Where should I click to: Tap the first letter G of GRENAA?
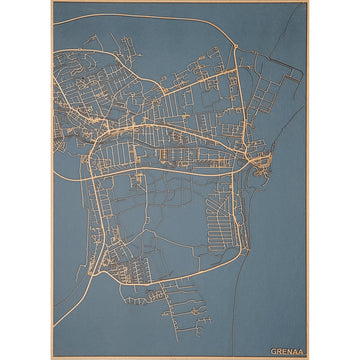pos(273,351)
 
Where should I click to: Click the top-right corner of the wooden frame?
pos(308,2)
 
